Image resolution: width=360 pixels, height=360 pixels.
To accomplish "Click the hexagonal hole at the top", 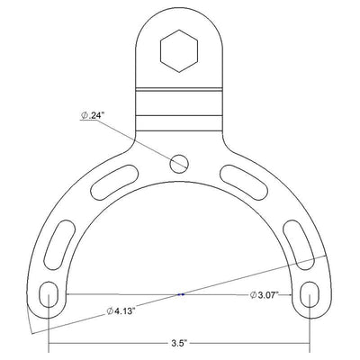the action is pyautogui.click(x=179, y=51).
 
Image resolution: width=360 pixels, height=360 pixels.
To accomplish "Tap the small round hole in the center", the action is pyautogui.click(x=179, y=164).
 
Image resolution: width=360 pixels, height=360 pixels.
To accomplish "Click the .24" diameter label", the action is pyautogui.click(x=93, y=115).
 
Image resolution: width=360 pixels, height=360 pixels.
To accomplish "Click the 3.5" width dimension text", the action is pyautogui.click(x=179, y=344).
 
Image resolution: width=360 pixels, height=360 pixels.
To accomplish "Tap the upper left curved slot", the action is pyautogui.click(x=114, y=182).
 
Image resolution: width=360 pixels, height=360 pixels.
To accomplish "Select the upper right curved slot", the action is pyautogui.click(x=244, y=182).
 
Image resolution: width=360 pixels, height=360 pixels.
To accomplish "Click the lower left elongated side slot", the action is pyautogui.click(x=59, y=245).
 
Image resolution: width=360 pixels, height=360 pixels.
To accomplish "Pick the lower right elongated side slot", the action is pyautogui.click(x=299, y=245).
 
